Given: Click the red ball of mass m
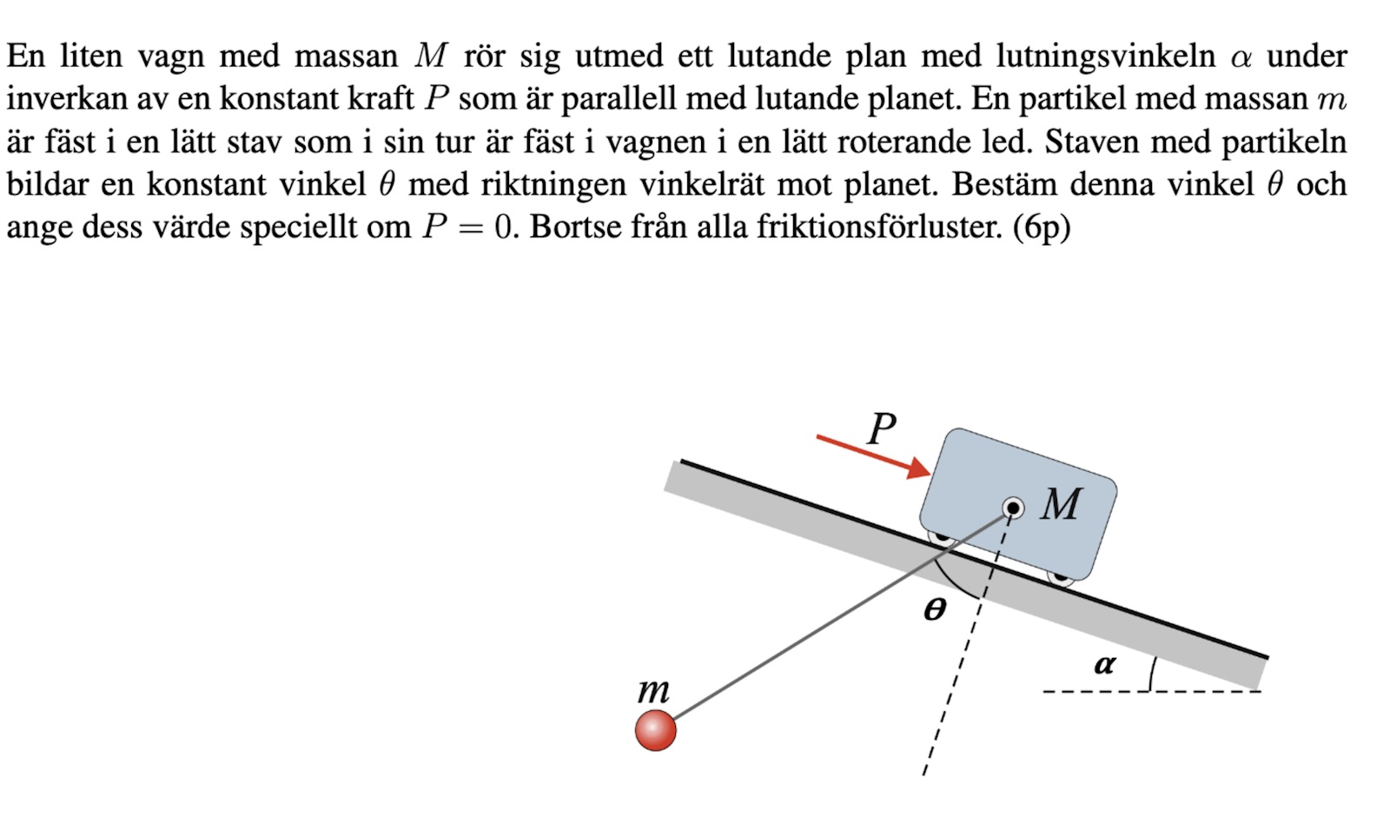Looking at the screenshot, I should click(x=656, y=729).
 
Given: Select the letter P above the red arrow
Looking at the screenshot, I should click(x=882, y=429).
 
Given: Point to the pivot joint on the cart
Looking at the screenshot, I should click(x=1013, y=508).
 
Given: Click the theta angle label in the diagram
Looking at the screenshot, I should click(x=935, y=609).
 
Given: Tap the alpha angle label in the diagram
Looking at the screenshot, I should click(x=1104, y=665).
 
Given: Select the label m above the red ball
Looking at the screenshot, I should click(x=653, y=692).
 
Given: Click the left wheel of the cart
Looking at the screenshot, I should click(x=941, y=537).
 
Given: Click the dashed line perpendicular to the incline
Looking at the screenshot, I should click(x=951, y=695).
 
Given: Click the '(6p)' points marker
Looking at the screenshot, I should click(x=1042, y=227).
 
